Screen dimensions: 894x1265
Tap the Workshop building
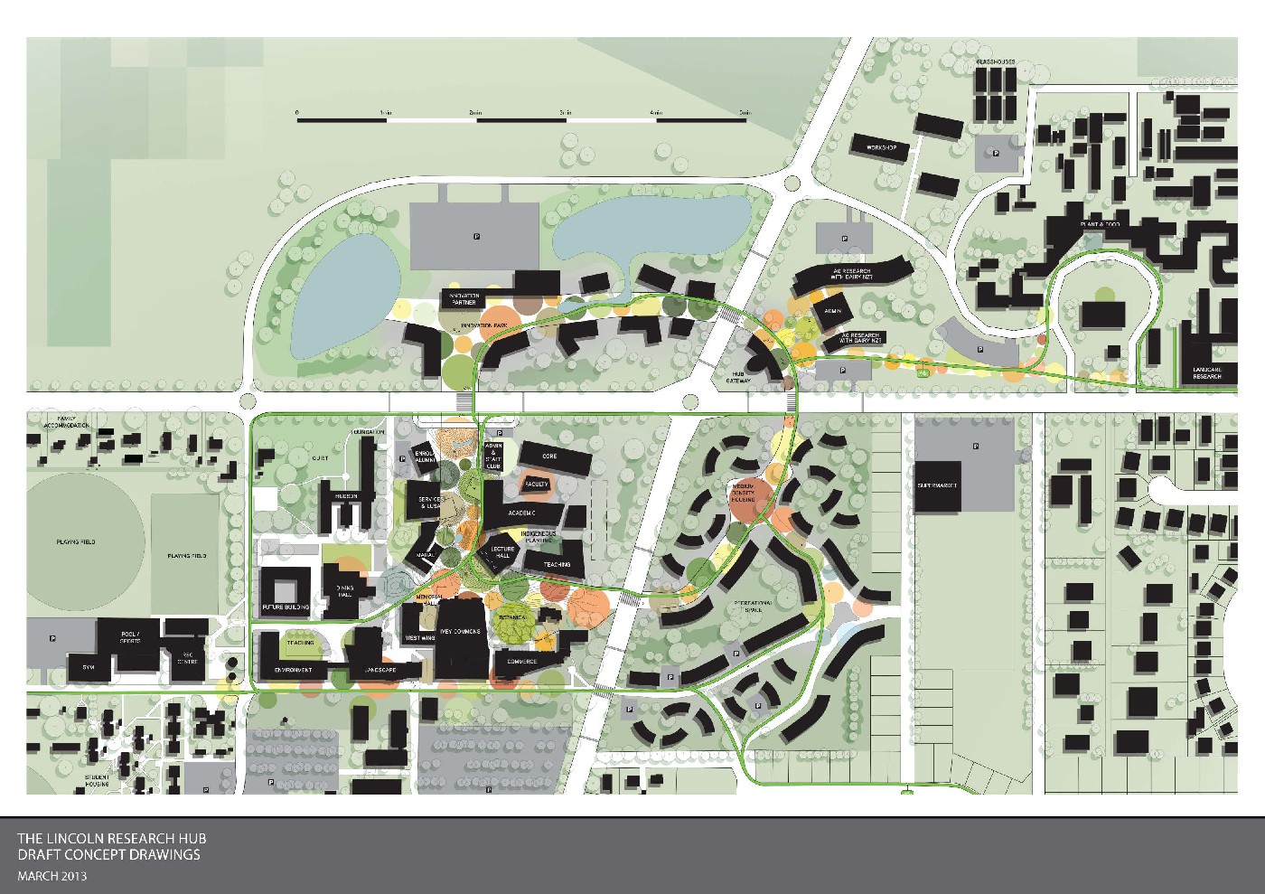(x=886, y=146)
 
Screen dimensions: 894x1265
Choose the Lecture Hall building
(x=496, y=554)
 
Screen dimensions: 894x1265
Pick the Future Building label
(x=286, y=607)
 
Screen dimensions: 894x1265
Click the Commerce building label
(x=521, y=662)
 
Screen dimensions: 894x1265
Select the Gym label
(x=89, y=666)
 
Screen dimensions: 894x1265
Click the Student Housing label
(x=98, y=780)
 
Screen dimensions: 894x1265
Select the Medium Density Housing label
(x=745, y=494)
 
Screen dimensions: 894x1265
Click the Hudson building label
(x=345, y=496)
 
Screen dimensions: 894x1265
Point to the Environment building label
(x=294, y=670)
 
